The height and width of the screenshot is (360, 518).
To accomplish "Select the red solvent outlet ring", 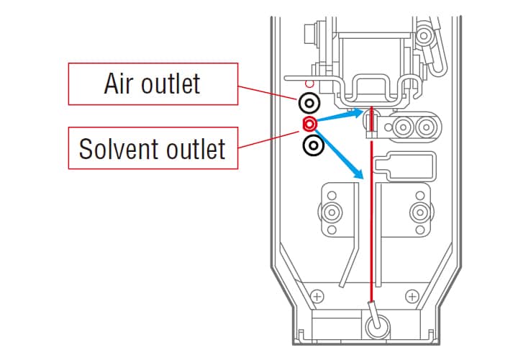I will pos(309,122).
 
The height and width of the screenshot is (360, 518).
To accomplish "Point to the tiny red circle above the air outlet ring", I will pos(309,84).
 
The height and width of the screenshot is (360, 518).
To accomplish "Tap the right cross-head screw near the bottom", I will pos(412,295).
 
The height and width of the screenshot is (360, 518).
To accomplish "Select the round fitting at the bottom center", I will pos(376,326).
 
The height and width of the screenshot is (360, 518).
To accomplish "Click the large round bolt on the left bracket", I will pos(332,212).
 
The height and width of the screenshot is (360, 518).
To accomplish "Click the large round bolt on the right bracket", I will pos(418,212).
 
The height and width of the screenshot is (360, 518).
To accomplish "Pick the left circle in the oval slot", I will pos(404,128).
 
